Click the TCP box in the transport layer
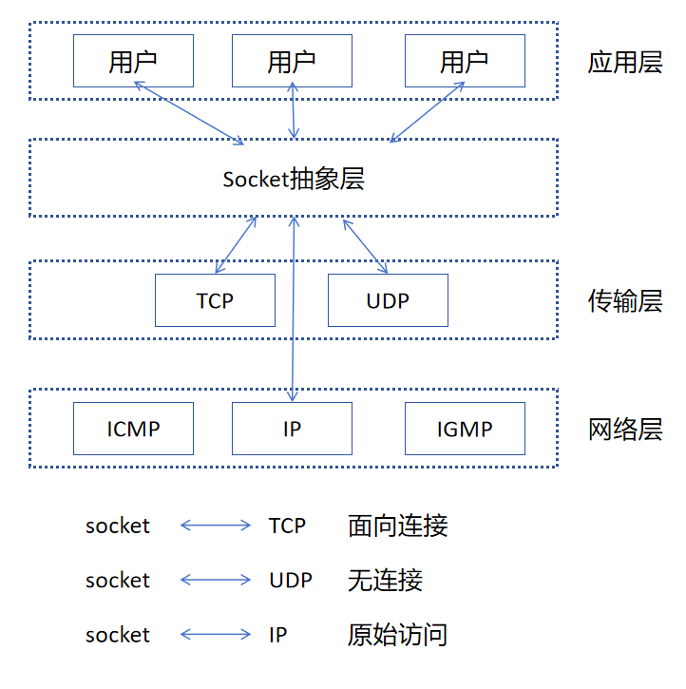pos(215,300)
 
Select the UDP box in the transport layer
pos(388,300)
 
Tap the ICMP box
pos(133,429)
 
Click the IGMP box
pos(465,429)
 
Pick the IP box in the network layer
pos(292,429)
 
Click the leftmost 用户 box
pos(133,62)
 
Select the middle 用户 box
pos(292,62)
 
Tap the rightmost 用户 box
pos(465,62)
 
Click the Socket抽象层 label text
pos(294,179)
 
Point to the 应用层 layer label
pos(624,64)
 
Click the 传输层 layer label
pos(624,302)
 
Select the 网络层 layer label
pos(624,430)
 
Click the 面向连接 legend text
pos(397,526)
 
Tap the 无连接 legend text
pos(385,580)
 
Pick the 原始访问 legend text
pos(397,634)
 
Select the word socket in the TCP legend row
pos(118,526)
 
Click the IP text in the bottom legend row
pos(277,634)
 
